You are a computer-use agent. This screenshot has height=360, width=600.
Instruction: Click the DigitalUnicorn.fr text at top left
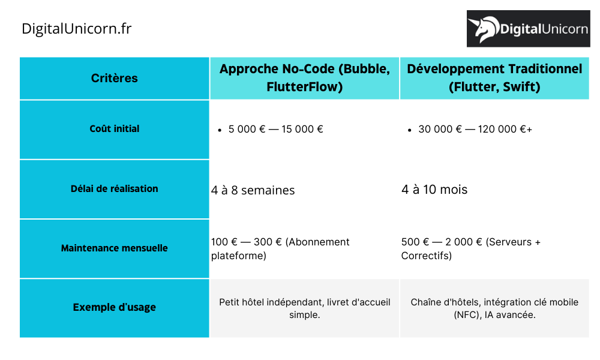76,28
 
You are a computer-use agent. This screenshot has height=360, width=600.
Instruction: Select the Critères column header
114,78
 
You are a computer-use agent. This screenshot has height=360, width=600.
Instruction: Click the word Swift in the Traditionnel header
521,88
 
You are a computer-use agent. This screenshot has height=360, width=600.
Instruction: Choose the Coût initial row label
114,129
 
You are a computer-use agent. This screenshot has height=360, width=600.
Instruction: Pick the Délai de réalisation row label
114,188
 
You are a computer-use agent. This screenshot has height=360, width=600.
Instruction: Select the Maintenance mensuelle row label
114,248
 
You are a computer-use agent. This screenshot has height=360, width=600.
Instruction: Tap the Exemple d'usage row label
114,307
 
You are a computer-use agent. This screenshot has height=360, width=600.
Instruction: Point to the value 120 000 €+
505,130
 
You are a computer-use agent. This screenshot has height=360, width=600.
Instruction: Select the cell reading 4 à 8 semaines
253,190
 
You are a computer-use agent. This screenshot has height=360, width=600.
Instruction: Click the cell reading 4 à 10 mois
434,190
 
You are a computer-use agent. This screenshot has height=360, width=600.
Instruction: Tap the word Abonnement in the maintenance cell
317,242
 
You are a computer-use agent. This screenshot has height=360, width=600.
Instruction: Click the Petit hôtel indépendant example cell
304,308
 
